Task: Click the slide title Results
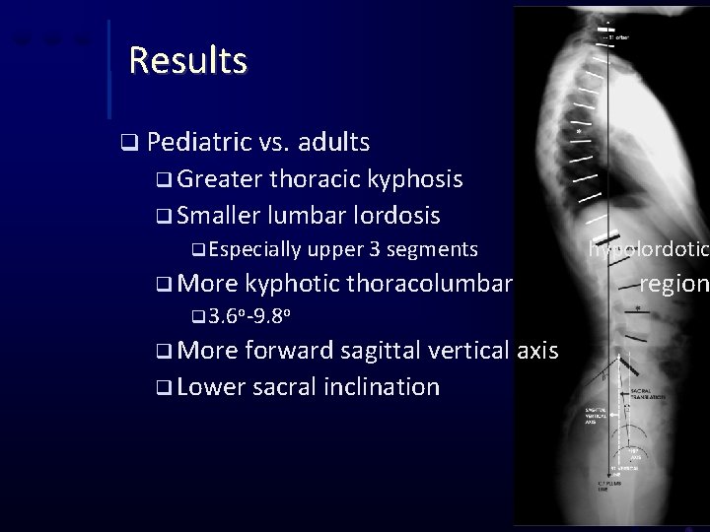click(x=187, y=61)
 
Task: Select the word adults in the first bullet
click(x=333, y=143)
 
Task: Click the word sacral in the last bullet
click(x=285, y=386)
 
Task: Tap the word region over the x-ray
click(x=674, y=285)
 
